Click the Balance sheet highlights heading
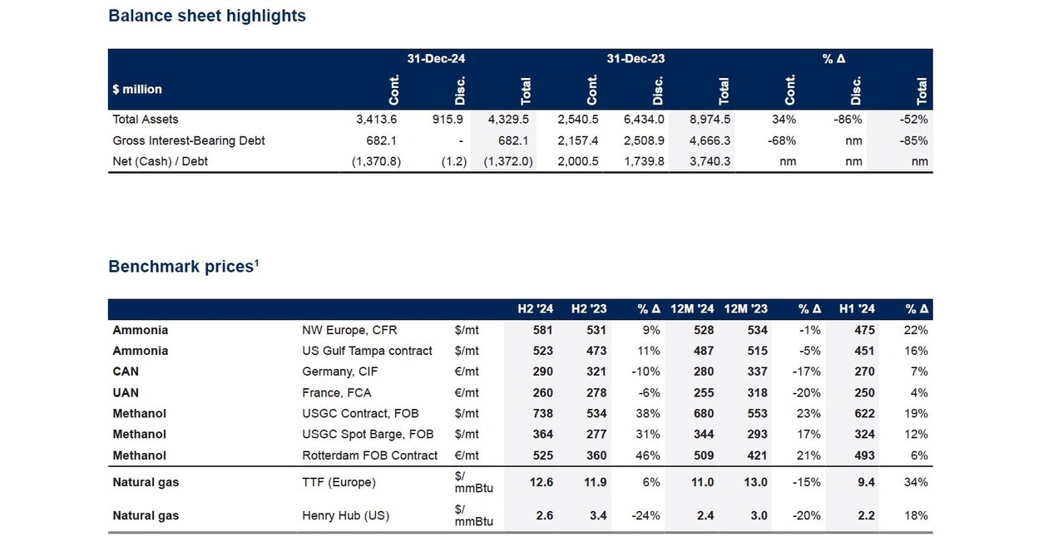pos(207,16)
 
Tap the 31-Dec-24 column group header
pos(436,59)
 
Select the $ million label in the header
pos(137,89)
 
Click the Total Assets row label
pos(146,120)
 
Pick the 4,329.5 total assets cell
pos(508,120)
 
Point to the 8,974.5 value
pos(709,120)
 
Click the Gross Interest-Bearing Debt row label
pos(189,140)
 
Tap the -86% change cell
pos(848,120)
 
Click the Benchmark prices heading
pos(184,266)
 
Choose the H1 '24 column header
pos(857,309)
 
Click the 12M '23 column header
pos(745,309)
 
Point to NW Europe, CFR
pos(349,330)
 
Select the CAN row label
pos(126,371)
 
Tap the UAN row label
pos(126,393)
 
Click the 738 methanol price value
pos(542,413)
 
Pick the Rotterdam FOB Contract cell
pos(369,455)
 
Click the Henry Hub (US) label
pos(345,516)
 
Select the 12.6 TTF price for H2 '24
pos(541,482)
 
